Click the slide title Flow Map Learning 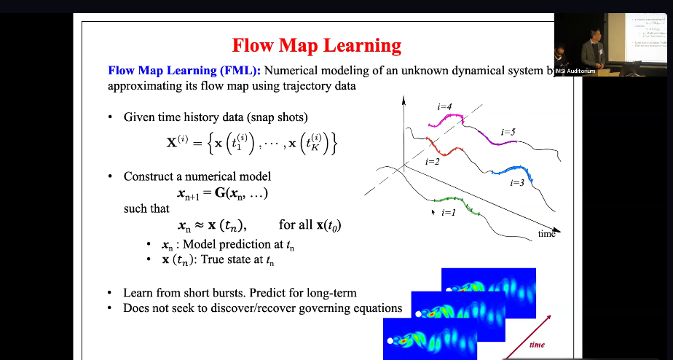click(x=316, y=45)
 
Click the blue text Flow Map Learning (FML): click(x=184, y=71)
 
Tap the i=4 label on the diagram click(x=444, y=107)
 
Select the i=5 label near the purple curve click(x=508, y=132)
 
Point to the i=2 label click(x=431, y=161)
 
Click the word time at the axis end click(x=546, y=234)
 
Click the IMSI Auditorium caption click(x=575, y=71)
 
